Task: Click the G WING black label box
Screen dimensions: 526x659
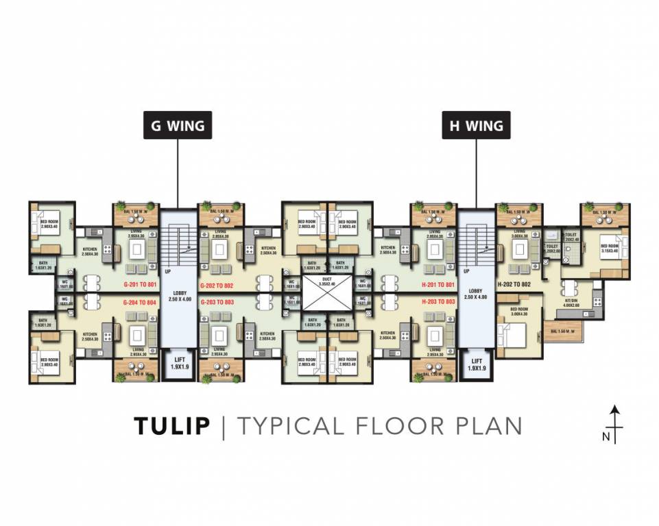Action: [x=178, y=126]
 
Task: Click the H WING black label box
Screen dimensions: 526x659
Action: [x=476, y=126]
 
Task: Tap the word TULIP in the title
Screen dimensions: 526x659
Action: [x=172, y=425]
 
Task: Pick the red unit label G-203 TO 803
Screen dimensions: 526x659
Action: [x=217, y=301]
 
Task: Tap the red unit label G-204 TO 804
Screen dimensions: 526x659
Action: [x=140, y=301]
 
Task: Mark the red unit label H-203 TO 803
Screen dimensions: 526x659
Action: [x=438, y=301]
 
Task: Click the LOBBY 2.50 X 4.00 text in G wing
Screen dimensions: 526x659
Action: [x=178, y=293]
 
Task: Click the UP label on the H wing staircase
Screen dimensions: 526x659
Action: [x=467, y=271]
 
